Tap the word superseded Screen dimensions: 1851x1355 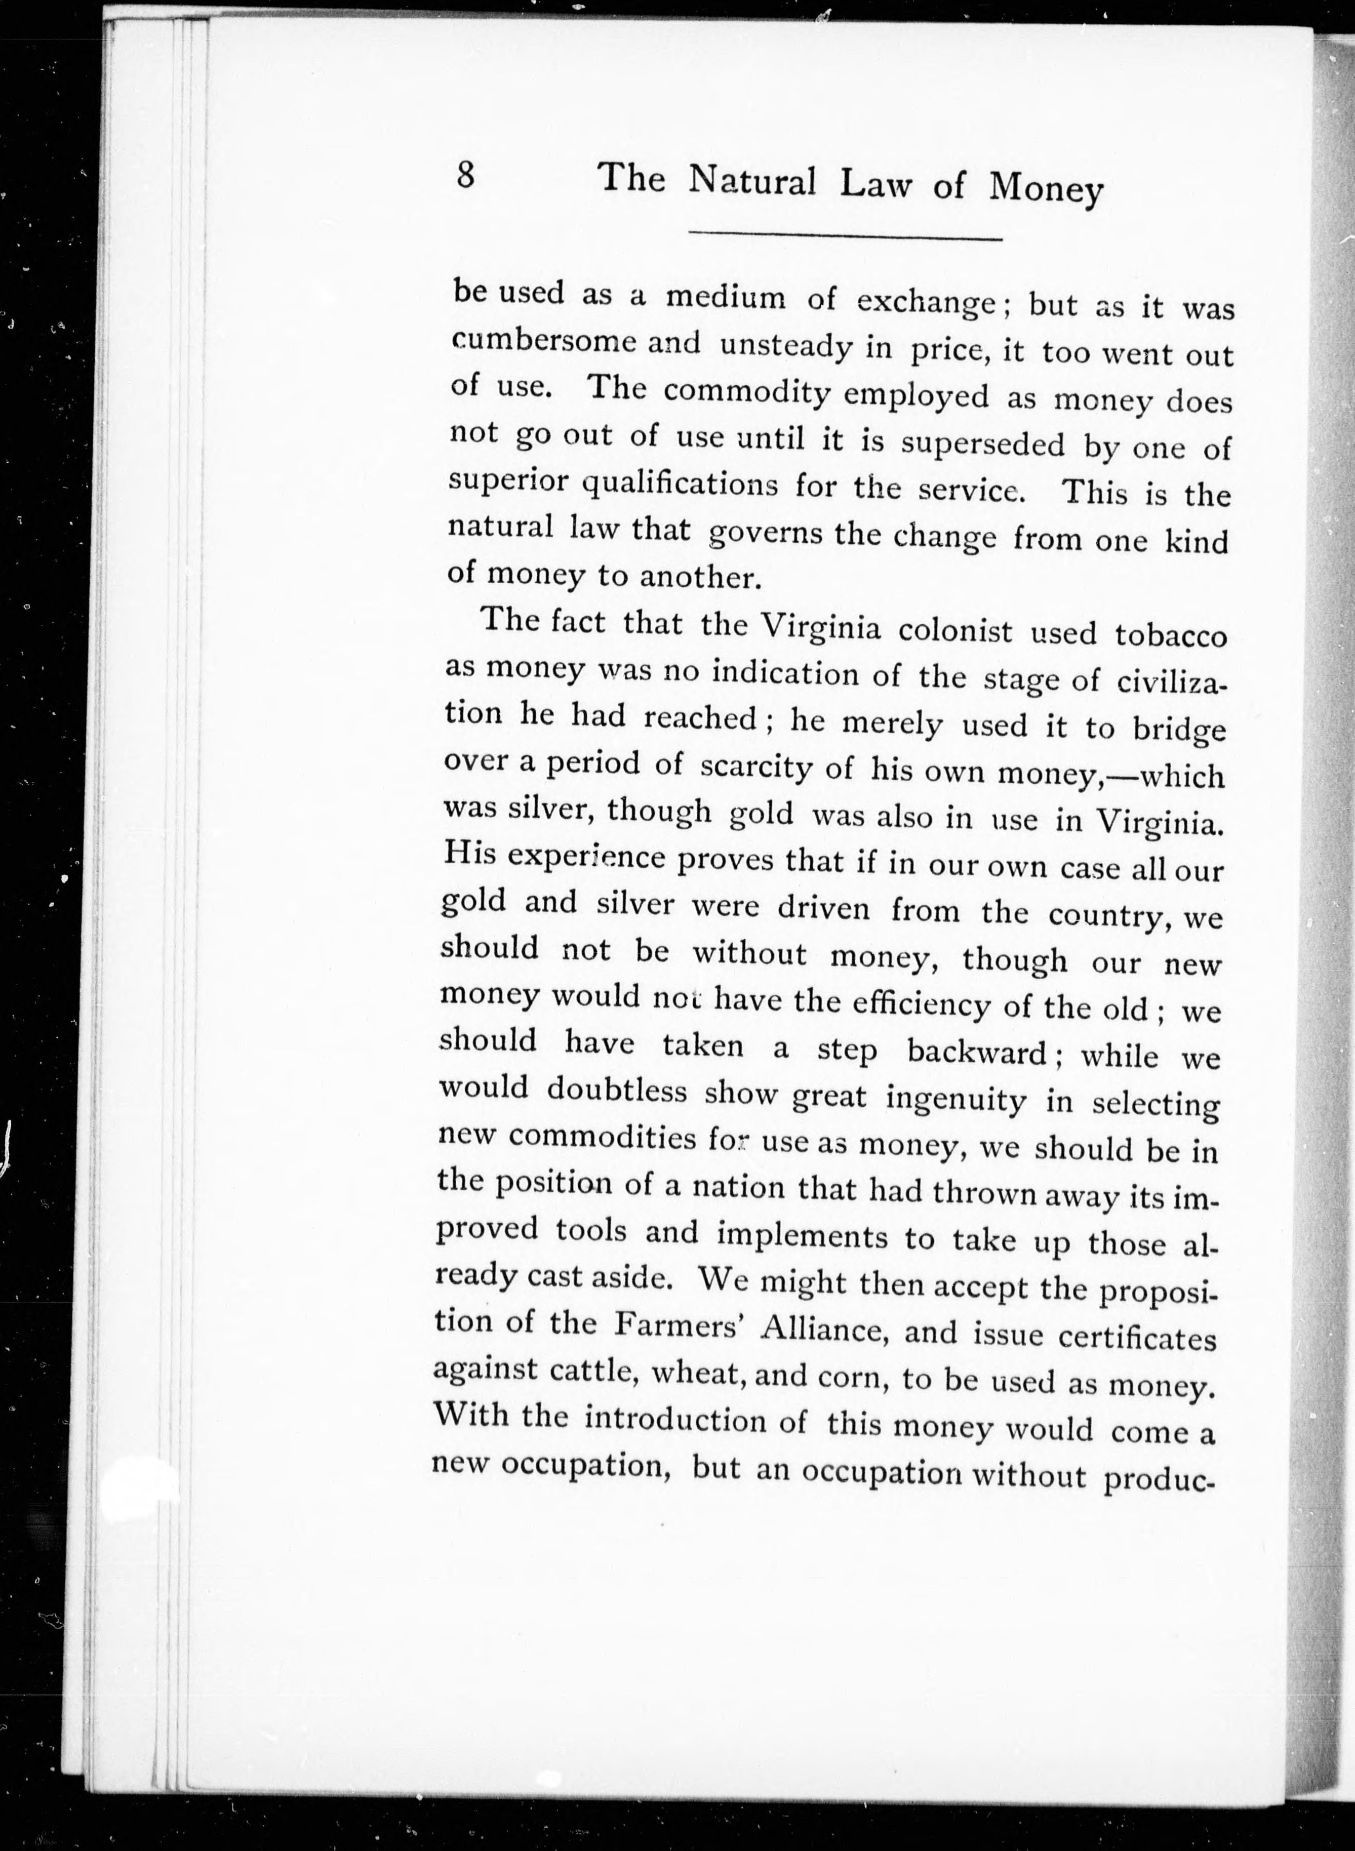pos(983,444)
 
